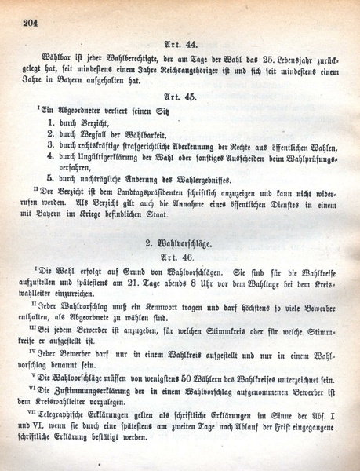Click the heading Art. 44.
180,47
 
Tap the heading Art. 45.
180,98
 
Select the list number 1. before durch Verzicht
51,123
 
